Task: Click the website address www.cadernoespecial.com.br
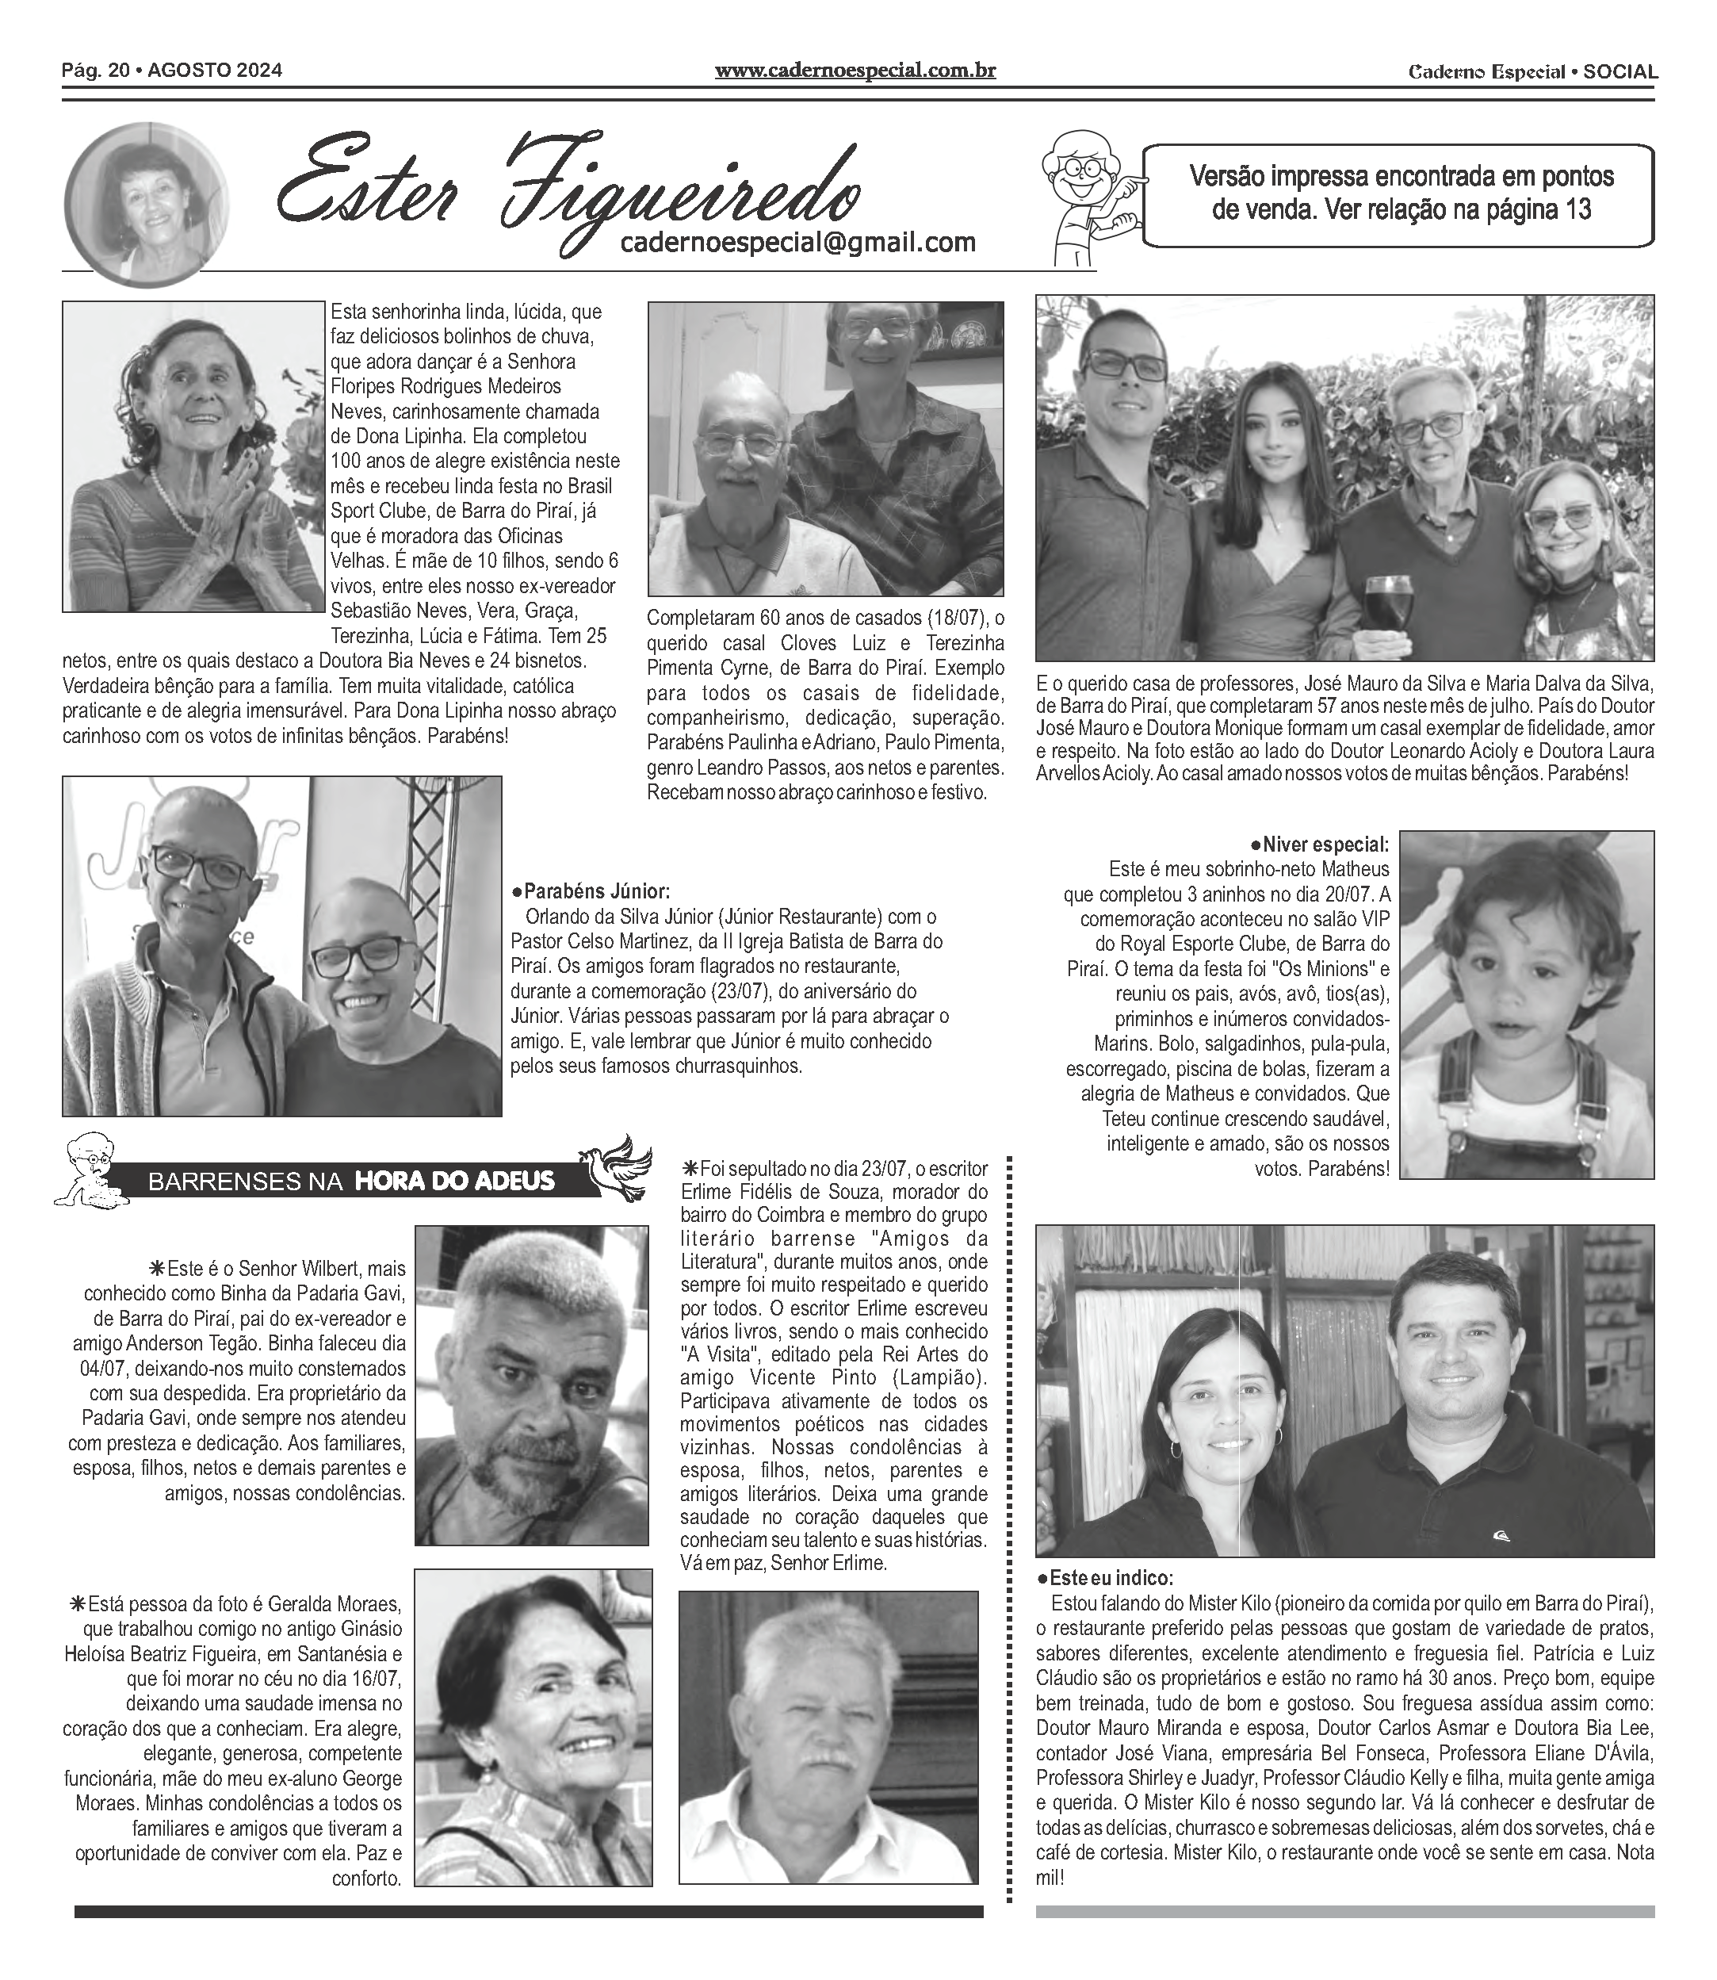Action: (855, 71)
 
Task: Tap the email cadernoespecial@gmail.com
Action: (797, 243)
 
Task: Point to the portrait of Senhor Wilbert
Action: (531, 1384)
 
